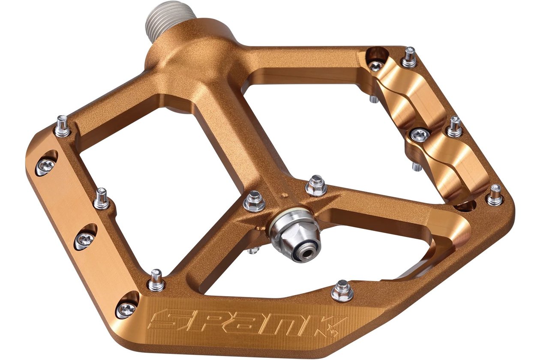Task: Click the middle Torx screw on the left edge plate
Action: (85, 240)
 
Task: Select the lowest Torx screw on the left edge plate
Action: (126, 309)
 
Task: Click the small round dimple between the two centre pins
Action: (285, 195)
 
